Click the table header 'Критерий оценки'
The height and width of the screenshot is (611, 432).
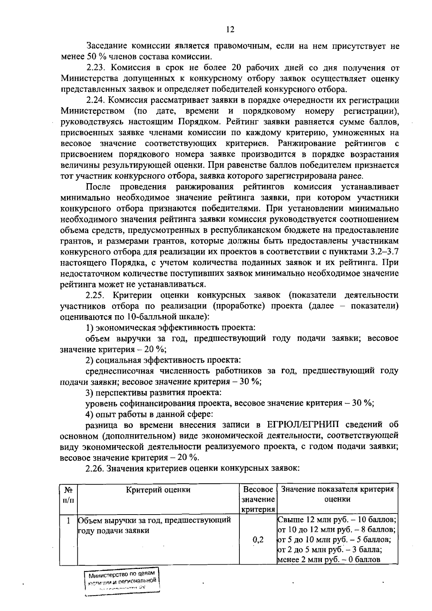pos(158,490)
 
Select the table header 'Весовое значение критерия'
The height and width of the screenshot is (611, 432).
pos(258,499)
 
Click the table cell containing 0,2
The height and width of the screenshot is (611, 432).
pos(258,540)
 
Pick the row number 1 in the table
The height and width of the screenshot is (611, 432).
pos(68,521)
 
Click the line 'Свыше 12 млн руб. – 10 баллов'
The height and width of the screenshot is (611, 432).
pos(337,520)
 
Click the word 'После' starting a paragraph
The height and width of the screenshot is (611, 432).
pos(98,187)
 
